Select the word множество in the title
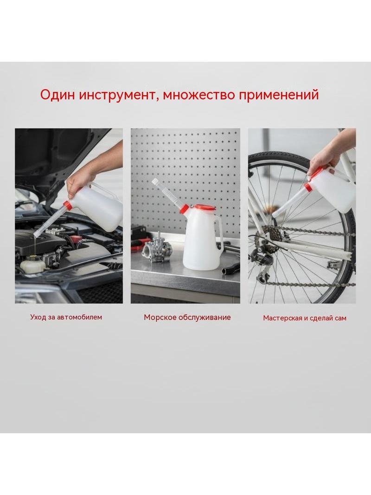(199, 95)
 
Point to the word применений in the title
(279, 95)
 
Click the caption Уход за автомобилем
(66, 317)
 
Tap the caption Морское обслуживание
(187, 317)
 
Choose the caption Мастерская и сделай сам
(305, 318)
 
